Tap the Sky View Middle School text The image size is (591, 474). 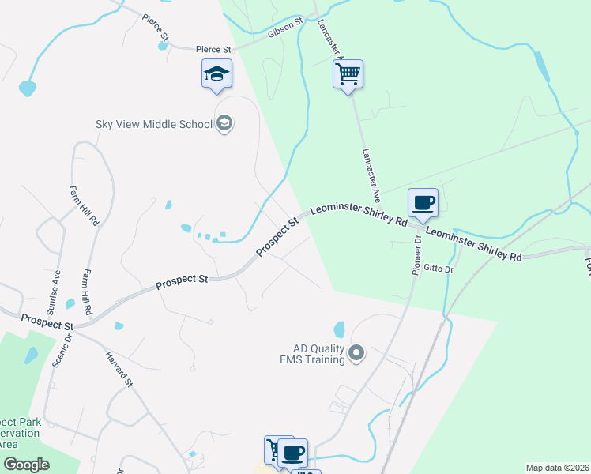(x=154, y=124)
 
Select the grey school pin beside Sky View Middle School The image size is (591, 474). (x=224, y=123)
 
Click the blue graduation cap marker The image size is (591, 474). (x=216, y=74)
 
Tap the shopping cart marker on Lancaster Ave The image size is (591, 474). (x=348, y=75)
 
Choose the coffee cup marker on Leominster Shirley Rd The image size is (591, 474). (x=423, y=202)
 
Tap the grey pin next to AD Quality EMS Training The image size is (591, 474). (x=356, y=353)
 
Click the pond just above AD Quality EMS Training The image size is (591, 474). (x=340, y=328)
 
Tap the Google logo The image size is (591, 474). (x=25, y=465)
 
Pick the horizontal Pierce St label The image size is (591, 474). (x=213, y=49)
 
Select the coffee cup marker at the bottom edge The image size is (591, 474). (x=292, y=453)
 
